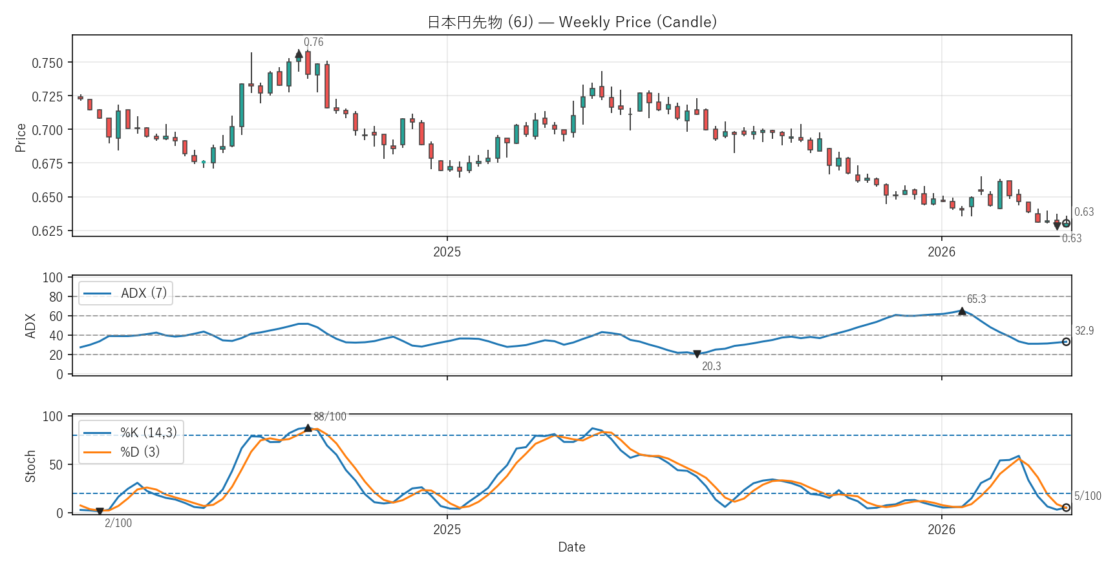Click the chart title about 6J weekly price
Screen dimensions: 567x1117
pos(571,22)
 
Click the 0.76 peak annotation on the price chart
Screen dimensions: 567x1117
pos(314,42)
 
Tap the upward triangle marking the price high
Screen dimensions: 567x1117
pos(299,55)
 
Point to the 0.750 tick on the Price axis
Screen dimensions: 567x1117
pos(48,63)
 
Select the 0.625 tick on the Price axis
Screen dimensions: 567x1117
pos(48,231)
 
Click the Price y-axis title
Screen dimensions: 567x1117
pos(21,138)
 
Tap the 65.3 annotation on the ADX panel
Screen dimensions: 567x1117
pos(976,299)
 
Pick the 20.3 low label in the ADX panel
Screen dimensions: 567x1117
pos(711,366)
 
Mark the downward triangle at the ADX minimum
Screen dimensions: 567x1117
pos(697,354)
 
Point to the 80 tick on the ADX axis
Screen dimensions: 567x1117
pos(56,296)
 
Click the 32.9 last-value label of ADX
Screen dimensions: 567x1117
pos(1084,331)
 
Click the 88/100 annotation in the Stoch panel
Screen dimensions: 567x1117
pos(330,417)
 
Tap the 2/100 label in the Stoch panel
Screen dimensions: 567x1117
pos(118,523)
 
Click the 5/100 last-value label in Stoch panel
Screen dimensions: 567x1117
pos(1087,496)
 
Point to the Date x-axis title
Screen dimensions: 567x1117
pos(571,547)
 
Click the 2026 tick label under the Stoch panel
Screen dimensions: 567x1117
pos(941,530)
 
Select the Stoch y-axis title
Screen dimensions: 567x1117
pos(30,466)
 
